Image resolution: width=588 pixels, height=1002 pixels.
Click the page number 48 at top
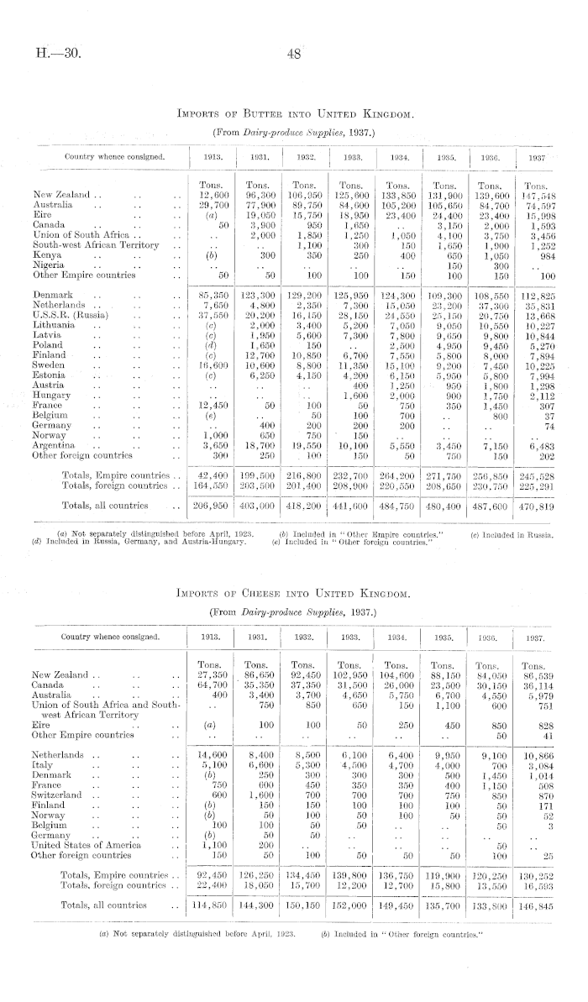[x=293, y=54]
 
